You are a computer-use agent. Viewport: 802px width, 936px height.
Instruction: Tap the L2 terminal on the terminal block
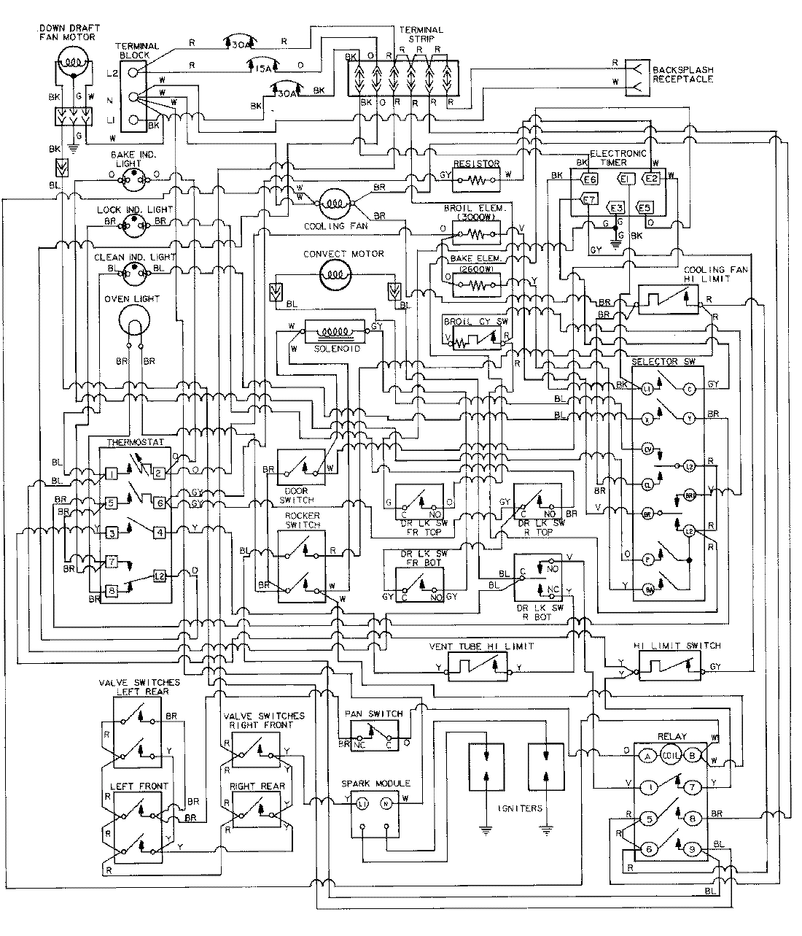coord(133,72)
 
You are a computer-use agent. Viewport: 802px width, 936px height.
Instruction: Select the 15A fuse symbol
coord(262,68)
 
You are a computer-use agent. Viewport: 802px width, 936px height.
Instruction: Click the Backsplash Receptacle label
coord(682,74)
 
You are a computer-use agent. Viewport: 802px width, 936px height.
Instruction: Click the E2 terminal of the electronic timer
coord(651,177)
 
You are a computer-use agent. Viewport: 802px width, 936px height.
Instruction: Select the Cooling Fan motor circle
coord(334,201)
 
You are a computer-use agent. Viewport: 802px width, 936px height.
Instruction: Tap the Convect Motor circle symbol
coord(335,274)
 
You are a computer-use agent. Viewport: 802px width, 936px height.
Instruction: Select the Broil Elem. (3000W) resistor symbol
coord(476,234)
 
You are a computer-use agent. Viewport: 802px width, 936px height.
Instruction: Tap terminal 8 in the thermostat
coord(111,591)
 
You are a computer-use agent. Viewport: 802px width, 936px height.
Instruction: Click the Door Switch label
coord(296,495)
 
